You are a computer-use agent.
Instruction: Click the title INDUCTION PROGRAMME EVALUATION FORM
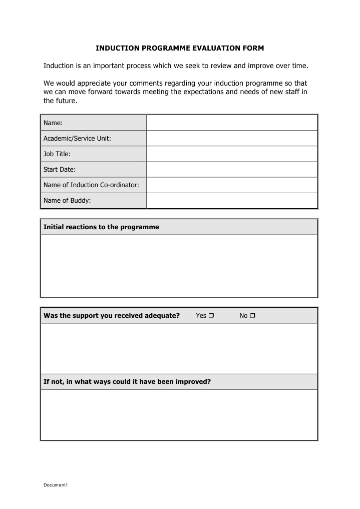[180, 48]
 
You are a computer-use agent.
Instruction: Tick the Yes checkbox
[211, 316]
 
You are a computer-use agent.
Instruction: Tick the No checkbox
[252, 316]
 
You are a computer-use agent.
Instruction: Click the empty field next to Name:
[232, 123]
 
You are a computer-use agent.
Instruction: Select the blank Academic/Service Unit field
[232, 138]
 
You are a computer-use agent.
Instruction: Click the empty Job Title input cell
[232, 154]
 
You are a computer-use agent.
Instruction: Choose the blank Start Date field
[232, 169]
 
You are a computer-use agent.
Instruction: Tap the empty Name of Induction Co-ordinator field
[232, 185]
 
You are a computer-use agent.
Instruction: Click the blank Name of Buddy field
[232, 201]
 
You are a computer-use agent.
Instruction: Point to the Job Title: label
[57, 154]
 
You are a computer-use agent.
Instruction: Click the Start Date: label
[60, 170]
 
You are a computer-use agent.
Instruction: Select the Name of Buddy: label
[67, 201]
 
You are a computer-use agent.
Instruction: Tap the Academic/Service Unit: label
[77, 139]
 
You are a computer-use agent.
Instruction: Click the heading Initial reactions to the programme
[101, 227]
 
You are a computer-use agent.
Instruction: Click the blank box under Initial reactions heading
[179, 266]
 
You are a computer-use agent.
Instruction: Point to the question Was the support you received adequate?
[112, 316]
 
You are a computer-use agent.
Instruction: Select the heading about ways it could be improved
[127, 382]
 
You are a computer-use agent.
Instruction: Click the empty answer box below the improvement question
[179, 415]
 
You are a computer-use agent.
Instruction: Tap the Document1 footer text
[55, 485]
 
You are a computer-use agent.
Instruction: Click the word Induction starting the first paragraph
[59, 66]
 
